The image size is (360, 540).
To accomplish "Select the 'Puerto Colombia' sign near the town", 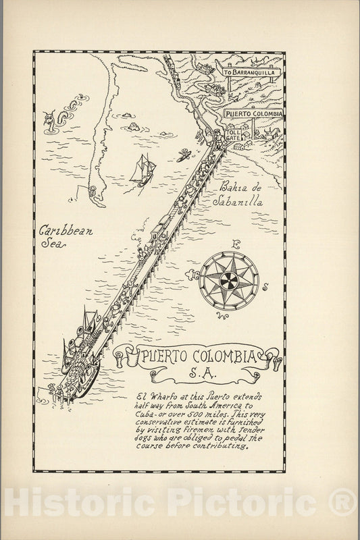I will pos(253,114).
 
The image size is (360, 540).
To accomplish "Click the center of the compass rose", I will pos(229,276).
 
